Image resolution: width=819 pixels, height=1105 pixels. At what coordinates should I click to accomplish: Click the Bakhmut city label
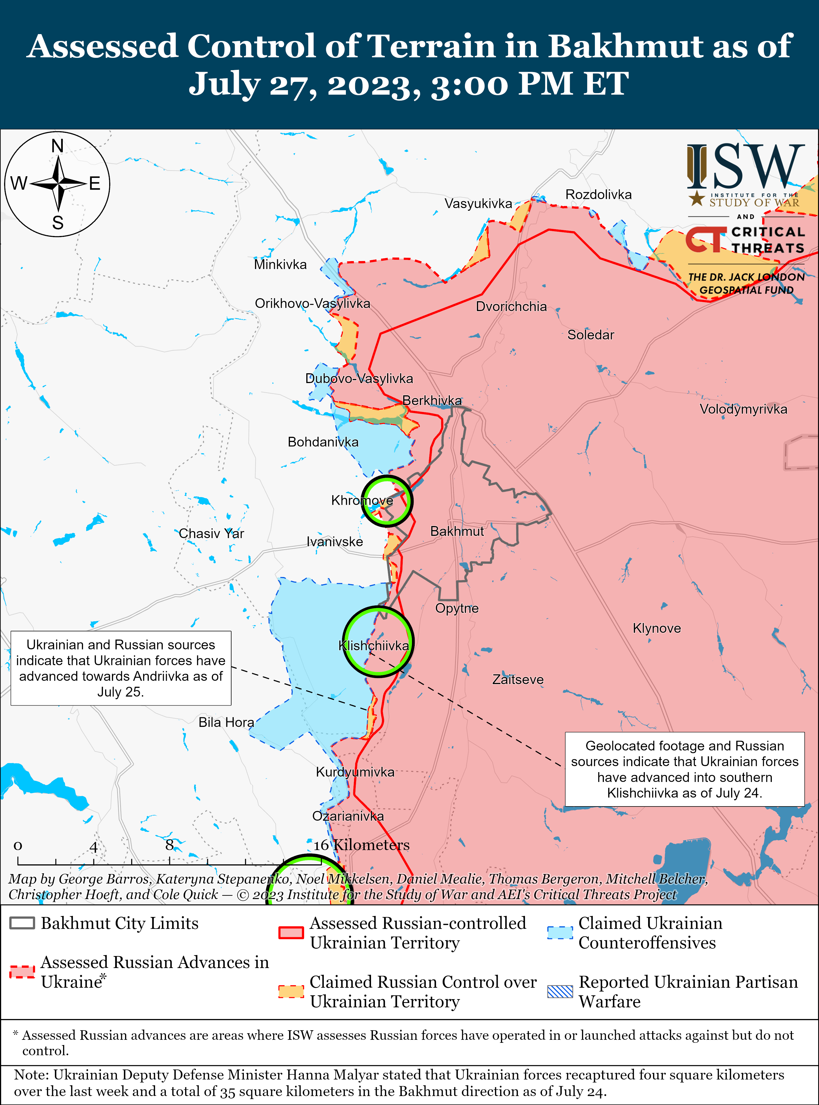point(457,531)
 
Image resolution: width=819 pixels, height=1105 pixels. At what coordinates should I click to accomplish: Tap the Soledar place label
point(590,335)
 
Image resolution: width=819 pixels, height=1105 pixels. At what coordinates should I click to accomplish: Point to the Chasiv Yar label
point(211,534)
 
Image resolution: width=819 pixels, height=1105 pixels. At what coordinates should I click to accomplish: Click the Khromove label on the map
point(362,500)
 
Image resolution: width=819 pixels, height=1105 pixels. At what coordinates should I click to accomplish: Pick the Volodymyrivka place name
point(743,409)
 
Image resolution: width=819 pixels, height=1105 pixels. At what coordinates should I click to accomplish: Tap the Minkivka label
point(280,265)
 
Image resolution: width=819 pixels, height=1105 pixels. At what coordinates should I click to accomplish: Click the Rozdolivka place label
point(598,195)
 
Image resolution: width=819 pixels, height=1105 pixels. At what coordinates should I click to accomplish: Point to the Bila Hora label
point(226,722)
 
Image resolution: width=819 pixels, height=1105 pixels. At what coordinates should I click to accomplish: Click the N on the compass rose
point(58,146)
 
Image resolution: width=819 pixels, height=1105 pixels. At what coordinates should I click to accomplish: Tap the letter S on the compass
point(58,223)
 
